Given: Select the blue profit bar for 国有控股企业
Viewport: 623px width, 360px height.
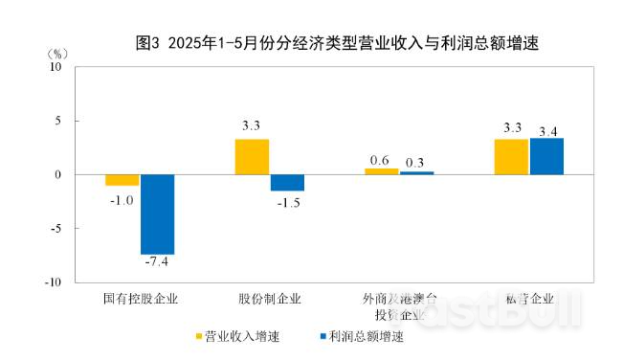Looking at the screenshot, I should pos(157,214).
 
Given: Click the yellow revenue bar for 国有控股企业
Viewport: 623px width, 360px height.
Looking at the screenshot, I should pos(122,180).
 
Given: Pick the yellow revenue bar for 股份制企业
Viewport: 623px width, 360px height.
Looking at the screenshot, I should pos(252,157).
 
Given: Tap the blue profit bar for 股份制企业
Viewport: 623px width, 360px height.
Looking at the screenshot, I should pos(287,183).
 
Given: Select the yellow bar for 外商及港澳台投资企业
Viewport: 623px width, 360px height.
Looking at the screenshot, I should pos(381,171).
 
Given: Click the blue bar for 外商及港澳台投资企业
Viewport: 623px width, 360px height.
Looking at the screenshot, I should pos(416,173).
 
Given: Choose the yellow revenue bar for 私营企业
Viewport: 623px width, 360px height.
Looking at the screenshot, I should pos(511,157).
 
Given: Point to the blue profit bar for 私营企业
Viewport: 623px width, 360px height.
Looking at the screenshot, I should pos(546,156).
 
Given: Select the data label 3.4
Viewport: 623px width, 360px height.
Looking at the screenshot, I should pos(548,129).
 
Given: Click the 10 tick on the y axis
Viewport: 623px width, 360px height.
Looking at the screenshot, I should pos(56,67).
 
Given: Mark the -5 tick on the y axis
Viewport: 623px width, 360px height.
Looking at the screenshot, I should pos(56,229).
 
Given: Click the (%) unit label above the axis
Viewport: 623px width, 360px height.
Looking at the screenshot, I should pos(56,52).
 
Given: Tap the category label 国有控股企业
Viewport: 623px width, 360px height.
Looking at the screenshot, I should pos(140,299).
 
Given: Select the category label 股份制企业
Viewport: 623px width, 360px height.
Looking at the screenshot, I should pos(270,299).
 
